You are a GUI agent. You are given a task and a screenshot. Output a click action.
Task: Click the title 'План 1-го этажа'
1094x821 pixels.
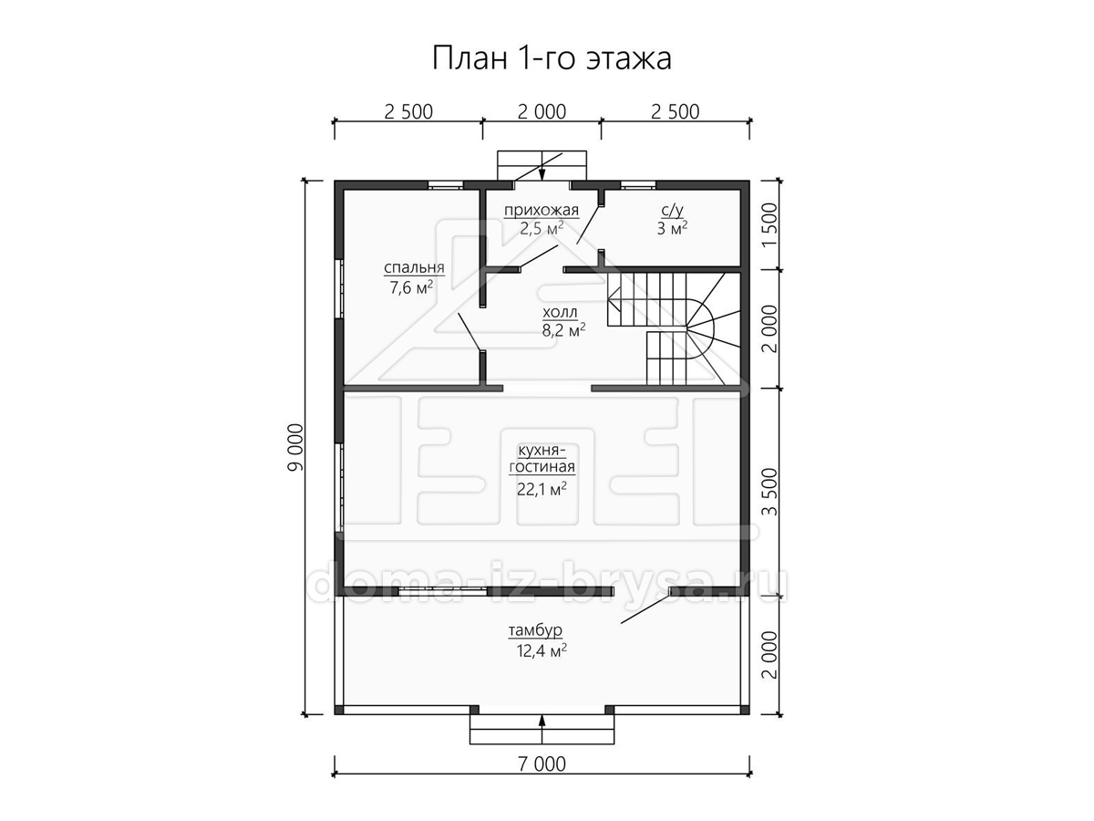click(552, 58)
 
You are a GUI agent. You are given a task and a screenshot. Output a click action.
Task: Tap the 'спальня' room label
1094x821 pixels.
click(414, 267)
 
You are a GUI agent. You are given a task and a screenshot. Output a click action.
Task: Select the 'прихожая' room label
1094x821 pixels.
click(542, 211)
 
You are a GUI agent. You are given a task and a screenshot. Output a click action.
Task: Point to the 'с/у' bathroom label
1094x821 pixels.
click(672, 211)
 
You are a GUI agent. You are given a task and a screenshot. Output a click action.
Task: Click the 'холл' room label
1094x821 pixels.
click(560, 313)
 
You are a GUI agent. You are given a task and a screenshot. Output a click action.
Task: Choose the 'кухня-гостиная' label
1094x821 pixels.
click(542, 459)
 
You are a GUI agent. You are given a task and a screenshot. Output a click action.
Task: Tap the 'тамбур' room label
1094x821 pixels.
click(535, 630)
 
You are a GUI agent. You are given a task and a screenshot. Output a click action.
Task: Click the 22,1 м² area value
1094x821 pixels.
click(542, 489)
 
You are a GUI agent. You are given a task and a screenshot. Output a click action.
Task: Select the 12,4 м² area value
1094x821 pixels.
click(542, 650)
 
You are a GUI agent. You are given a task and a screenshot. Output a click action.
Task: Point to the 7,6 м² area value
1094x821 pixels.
click(411, 287)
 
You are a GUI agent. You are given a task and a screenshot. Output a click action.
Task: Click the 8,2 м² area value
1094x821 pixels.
click(563, 329)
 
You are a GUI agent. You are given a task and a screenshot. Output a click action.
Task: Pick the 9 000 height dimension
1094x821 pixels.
click(295, 447)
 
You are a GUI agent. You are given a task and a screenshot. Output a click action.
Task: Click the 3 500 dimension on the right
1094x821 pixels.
click(770, 492)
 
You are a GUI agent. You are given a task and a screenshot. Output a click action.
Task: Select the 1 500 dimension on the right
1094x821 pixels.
click(770, 225)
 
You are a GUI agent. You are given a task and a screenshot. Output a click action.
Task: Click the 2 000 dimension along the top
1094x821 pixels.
click(542, 111)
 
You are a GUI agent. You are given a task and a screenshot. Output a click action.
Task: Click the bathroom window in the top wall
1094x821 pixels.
click(638, 186)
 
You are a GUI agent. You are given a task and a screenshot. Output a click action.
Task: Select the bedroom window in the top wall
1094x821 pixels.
click(446, 186)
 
